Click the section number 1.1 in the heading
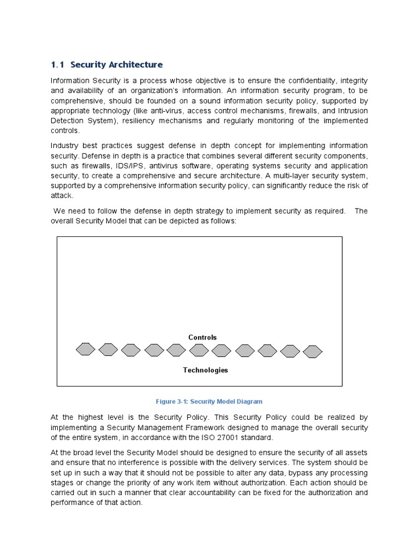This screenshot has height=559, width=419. pyautogui.click(x=58, y=64)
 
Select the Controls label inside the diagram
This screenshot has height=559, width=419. pyautogui.click(x=202, y=337)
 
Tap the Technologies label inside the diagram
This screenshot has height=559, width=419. pyautogui.click(x=205, y=370)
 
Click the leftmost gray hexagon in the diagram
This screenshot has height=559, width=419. pyautogui.click(x=85, y=349)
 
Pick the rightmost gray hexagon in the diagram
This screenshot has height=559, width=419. pyautogui.click(x=313, y=352)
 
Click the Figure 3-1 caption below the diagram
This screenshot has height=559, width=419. pyautogui.click(x=209, y=402)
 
